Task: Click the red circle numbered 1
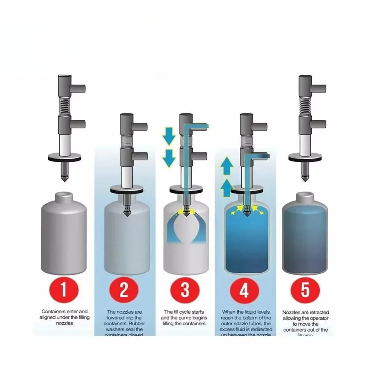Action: pos(64,291)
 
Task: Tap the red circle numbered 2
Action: pos(124,291)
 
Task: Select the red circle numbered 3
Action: pos(184,291)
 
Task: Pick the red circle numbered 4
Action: pos(244,291)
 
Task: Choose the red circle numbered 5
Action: pos(305,291)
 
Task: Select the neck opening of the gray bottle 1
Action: pos(64,194)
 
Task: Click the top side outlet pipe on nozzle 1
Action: pos(78,88)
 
